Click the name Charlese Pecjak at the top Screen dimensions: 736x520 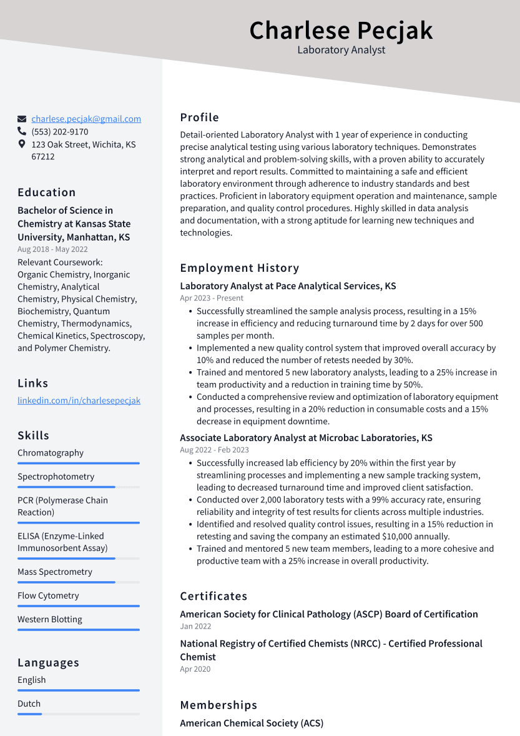pos(341,30)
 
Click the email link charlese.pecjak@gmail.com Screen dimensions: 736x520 pos(86,119)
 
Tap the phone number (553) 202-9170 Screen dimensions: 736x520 pos(60,132)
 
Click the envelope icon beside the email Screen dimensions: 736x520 pos(22,119)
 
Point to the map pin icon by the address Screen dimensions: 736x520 pos(22,144)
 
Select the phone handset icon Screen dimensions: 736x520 pos(22,132)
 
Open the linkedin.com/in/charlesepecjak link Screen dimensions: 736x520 pos(79,400)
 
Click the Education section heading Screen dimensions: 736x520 pos(47,192)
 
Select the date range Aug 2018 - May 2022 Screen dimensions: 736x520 pos(52,249)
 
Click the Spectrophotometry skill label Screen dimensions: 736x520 pos(56,477)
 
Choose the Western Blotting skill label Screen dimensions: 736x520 pos(50,619)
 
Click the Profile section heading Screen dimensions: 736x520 pos(199,117)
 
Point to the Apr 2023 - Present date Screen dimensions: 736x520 pos(212,298)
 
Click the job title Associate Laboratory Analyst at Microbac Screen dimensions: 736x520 pos(306,438)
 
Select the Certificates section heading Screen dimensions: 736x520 pos(213,596)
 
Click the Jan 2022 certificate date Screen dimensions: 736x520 pos(195,626)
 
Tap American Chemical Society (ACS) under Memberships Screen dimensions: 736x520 pos(252,723)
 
